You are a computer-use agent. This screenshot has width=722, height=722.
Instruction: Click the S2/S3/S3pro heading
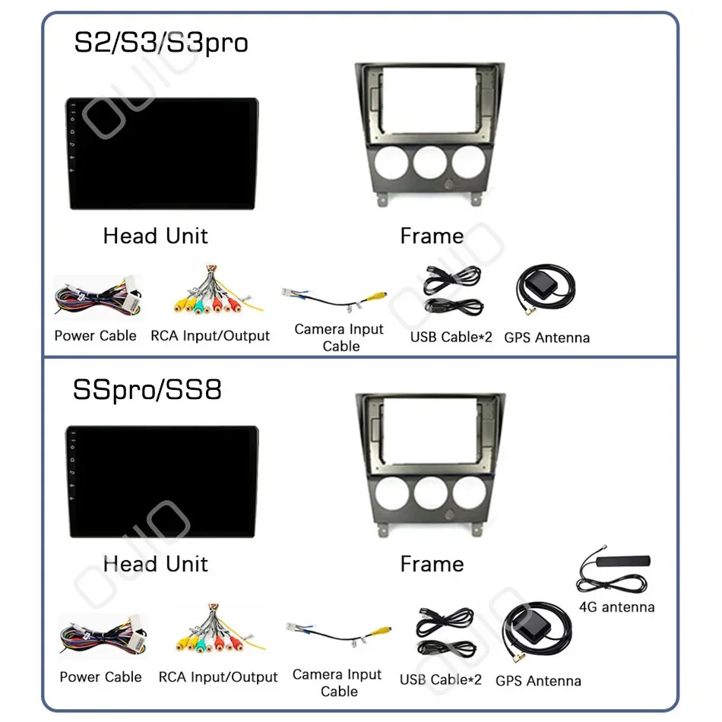coord(160,43)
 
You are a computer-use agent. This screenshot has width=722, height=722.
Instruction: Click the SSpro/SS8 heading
coord(147,390)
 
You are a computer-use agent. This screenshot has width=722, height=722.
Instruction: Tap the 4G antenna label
coord(616,607)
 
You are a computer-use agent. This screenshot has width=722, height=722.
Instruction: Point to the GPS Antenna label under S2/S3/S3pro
coord(546,337)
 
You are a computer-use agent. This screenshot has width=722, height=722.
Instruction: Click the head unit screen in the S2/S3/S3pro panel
coord(162,154)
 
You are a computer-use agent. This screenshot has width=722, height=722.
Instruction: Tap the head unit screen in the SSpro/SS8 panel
coord(162,483)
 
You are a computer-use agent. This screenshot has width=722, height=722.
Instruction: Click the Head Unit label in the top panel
coord(155,236)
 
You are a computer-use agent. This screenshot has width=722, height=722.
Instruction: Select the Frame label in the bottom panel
coord(432,564)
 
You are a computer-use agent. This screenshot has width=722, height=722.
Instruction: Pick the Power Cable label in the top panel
coord(95,336)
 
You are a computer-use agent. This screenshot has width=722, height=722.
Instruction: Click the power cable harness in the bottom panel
coord(101,635)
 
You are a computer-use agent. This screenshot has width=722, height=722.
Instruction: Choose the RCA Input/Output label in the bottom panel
coord(218,676)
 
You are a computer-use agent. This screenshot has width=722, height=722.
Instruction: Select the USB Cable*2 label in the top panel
coord(451,337)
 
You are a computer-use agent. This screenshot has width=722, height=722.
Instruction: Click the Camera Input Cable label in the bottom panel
coord(338,682)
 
